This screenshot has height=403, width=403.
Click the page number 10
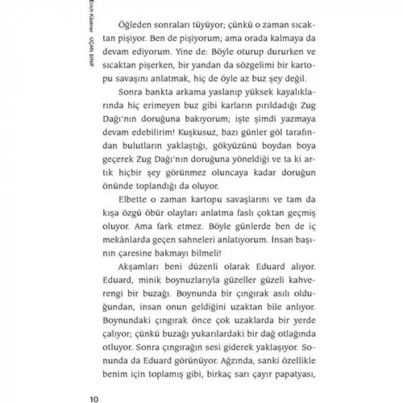coord(95,397)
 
